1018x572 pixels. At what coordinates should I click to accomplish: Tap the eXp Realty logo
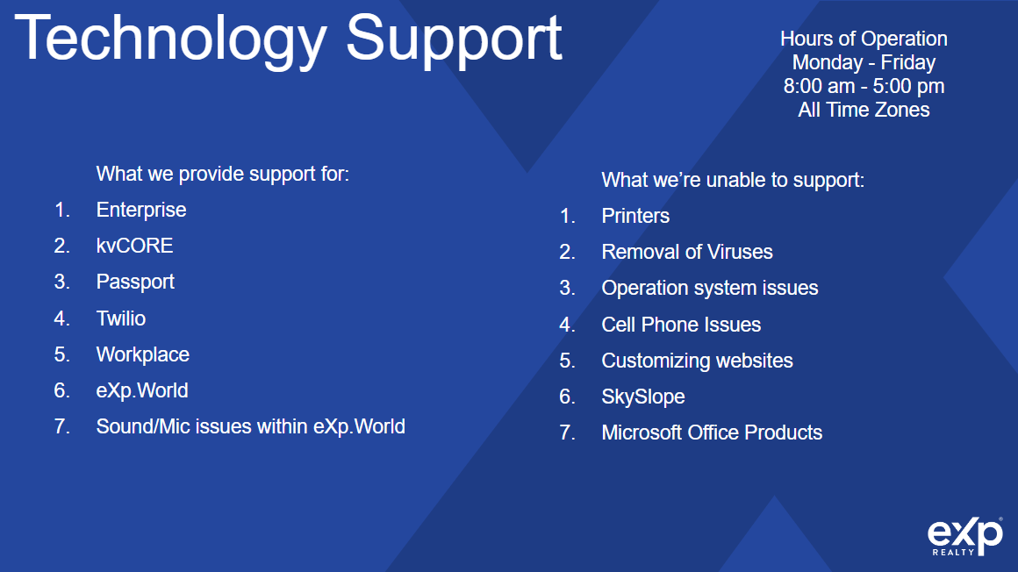[x=964, y=536]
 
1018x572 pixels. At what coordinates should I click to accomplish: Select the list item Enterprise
[x=141, y=210]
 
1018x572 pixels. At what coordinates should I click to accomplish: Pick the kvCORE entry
[x=134, y=246]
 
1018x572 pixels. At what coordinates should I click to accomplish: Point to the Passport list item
[x=135, y=282]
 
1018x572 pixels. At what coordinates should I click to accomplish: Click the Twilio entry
[x=121, y=318]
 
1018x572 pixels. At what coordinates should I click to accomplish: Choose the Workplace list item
[x=143, y=354]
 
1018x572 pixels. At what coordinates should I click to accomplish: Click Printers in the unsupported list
[x=635, y=216]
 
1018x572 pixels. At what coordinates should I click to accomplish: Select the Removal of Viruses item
[x=687, y=252]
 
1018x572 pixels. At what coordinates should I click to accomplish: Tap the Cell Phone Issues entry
[x=681, y=325]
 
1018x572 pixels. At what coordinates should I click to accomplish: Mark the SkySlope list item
[x=642, y=397]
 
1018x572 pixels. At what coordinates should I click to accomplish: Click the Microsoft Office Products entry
[x=712, y=433]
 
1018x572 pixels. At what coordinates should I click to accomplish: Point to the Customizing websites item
[x=698, y=361]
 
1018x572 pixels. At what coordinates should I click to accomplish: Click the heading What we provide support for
[x=223, y=174]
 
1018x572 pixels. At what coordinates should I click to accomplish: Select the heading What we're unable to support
[x=733, y=180]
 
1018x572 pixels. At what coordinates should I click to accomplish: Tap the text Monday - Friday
[x=864, y=62]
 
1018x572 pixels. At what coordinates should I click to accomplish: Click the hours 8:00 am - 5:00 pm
[x=864, y=86]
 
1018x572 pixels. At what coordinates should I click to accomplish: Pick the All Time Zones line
[x=864, y=110]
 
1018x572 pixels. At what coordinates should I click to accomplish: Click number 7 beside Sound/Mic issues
[x=61, y=426]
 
